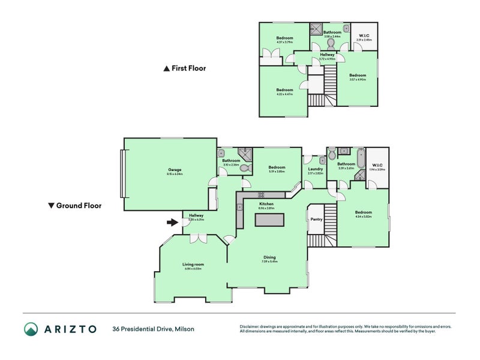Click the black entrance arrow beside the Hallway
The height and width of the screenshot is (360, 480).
point(173,223)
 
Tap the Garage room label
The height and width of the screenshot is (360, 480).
point(175,170)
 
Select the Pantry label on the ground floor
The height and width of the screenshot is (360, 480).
point(316,219)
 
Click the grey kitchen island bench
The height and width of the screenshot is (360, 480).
point(269,220)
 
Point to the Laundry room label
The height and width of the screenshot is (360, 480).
point(316,169)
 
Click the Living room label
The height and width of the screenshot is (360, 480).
point(193,264)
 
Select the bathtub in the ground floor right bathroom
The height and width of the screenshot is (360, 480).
point(360,160)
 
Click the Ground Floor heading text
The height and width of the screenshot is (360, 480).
point(79,205)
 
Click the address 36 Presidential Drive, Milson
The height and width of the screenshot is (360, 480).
point(153,329)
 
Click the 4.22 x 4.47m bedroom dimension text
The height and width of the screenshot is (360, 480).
point(284,94)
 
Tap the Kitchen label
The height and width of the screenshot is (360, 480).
point(266,204)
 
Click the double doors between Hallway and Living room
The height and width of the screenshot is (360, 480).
point(195,238)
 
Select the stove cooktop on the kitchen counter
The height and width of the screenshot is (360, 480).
point(262,194)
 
